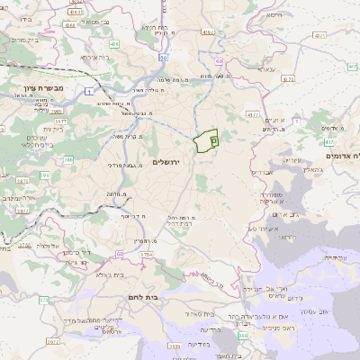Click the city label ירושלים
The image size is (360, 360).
(x=166, y=162)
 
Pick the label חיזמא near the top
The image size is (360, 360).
(x=274, y=15)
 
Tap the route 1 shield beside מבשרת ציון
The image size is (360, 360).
(x=90, y=91)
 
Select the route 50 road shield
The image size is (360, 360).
(x=163, y=58)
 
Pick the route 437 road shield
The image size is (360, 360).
(x=329, y=142)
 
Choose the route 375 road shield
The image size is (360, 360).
(x=24, y=244)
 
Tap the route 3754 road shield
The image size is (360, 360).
(x=145, y=256)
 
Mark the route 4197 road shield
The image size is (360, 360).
(x=208, y=32)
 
